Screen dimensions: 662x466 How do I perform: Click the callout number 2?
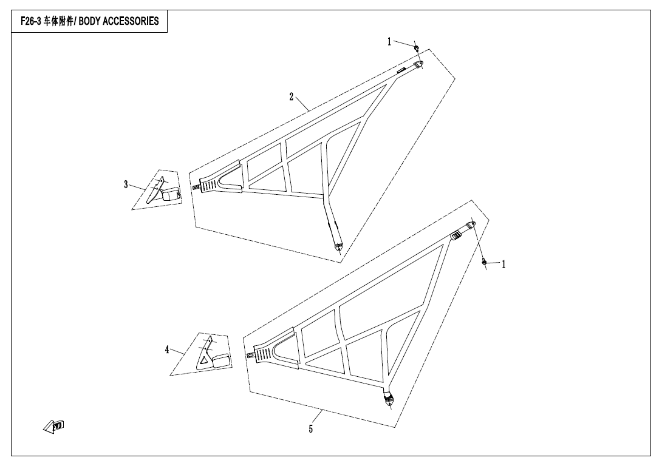(x=292, y=97)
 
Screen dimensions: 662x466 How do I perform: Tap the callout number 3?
(x=126, y=184)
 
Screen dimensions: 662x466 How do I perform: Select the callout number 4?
(x=167, y=349)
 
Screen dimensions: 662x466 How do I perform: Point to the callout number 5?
(x=311, y=429)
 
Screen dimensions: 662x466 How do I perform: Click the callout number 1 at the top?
(x=389, y=41)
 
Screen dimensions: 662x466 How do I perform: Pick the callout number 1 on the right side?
(x=503, y=265)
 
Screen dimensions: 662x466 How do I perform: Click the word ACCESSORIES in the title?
(x=131, y=21)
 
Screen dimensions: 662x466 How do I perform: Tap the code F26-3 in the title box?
(x=31, y=21)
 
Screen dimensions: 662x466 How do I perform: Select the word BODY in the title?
(x=89, y=21)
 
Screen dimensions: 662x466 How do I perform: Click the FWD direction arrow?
(x=53, y=427)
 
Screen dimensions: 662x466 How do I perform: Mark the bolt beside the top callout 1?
(x=416, y=48)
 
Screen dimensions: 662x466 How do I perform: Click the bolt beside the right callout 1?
(x=484, y=262)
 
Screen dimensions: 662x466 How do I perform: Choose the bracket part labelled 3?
(x=163, y=191)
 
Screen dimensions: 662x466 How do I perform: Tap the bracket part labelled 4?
(x=213, y=354)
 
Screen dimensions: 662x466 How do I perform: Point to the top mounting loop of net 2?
(x=418, y=64)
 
